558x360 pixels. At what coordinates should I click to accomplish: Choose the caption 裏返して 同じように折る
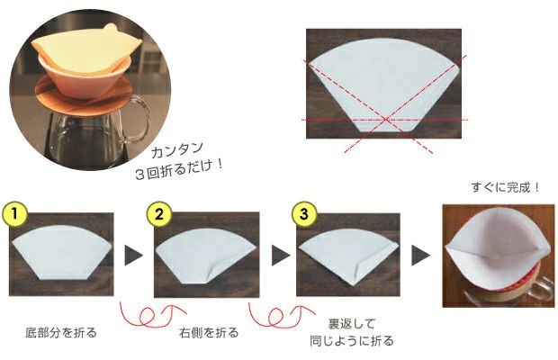tap(356, 331)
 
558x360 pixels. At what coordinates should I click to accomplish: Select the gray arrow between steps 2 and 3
tap(276, 256)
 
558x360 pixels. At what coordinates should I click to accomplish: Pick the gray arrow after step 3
tap(420, 256)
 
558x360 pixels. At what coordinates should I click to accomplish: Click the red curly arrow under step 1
tap(145, 316)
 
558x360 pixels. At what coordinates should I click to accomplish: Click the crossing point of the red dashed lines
tap(388, 119)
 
